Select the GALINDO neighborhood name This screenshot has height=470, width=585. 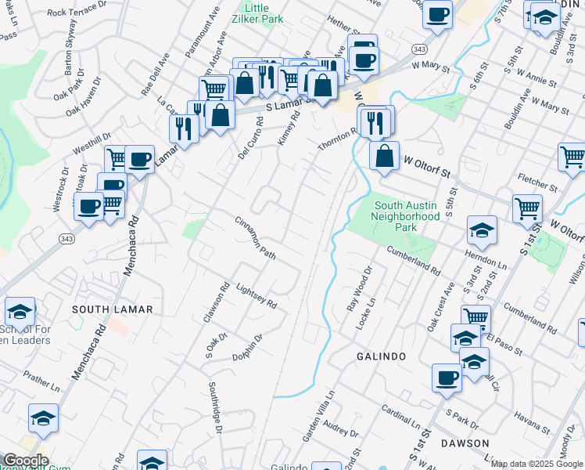pos(382,356)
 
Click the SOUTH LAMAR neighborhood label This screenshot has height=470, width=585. pos(102,309)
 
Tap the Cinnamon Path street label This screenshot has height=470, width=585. pos(256,238)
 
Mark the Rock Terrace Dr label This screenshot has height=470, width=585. pos(77,11)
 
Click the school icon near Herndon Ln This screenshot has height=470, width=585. pos(482,230)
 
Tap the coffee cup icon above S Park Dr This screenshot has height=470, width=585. pos(447,378)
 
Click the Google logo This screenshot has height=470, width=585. pos(25,461)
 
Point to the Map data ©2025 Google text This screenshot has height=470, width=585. pos(537,464)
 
